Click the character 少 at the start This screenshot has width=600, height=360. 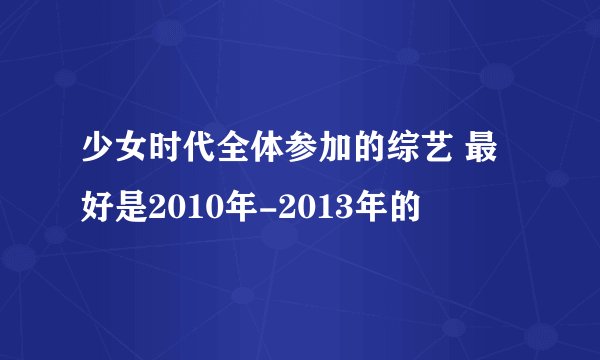pyautogui.click(x=97, y=159)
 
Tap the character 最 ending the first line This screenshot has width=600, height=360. pyautogui.click(x=489, y=159)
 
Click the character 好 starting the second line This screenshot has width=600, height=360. pyautogui.click(x=97, y=209)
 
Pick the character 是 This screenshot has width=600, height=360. pyautogui.click(x=129, y=209)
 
